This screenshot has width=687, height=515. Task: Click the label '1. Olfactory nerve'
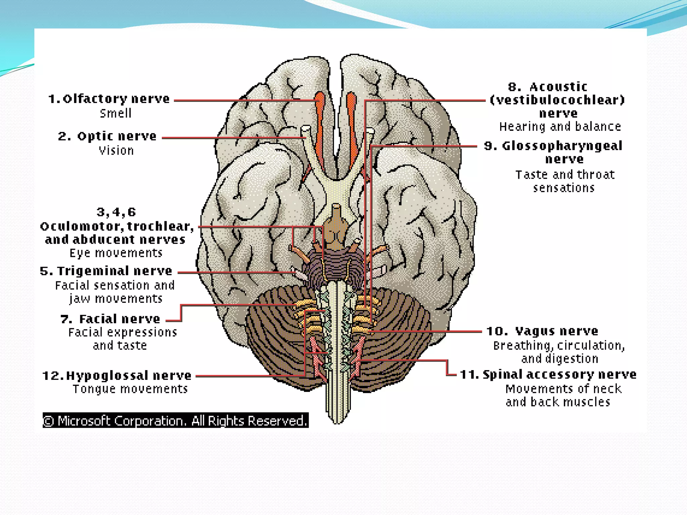coord(109,99)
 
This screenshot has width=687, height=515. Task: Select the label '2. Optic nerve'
coord(107,136)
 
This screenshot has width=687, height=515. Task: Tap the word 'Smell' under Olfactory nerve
coord(116,113)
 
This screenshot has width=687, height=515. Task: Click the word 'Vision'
coord(116,151)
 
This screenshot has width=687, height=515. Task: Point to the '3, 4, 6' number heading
coord(116,212)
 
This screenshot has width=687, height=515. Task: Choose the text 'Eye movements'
coord(116,253)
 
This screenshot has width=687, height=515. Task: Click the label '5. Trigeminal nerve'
coord(106,271)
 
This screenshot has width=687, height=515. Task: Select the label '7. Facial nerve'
coord(110,319)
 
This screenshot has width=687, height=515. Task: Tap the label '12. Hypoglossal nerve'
coord(117,376)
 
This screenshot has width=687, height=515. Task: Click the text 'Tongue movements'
coord(130,389)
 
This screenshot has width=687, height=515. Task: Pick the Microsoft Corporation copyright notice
coord(175,420)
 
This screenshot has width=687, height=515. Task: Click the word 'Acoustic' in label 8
coord(558,87)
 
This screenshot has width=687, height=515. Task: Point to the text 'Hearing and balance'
coord(560,127)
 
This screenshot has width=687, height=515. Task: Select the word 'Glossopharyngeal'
coord(562,146)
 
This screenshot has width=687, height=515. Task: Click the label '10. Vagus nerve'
coord(542,331)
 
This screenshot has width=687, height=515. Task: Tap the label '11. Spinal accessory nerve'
coord(548,375)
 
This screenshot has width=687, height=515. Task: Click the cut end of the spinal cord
coord(337,419)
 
